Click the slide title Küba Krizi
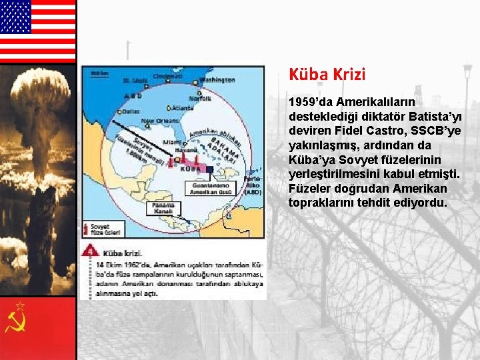(327, 74)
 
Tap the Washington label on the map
(217, 80)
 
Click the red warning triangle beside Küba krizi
(90, 252)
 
